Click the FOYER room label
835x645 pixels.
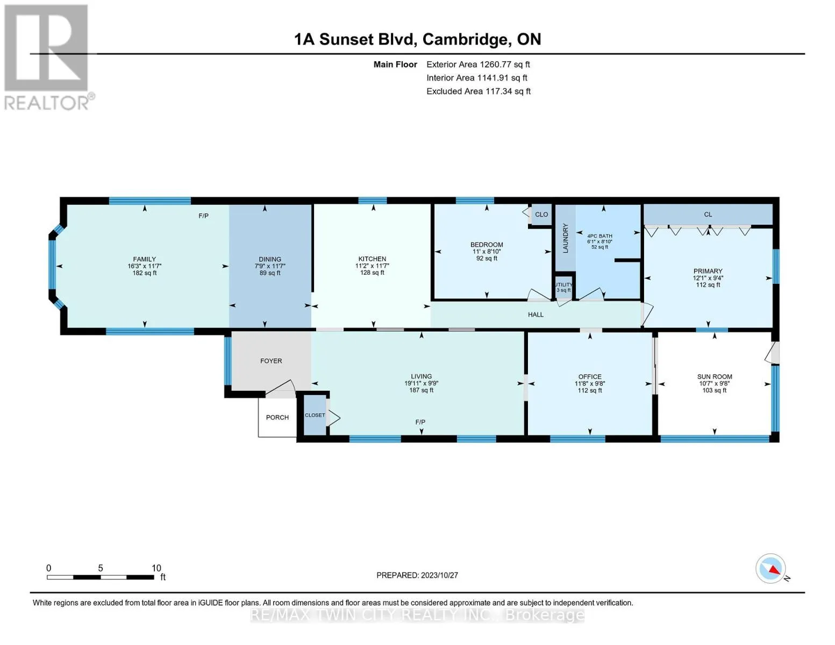pos(271,361)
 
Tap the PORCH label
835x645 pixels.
pos(277,417)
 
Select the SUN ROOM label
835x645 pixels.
pos(715,376)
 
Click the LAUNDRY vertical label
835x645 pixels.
pos(565,238)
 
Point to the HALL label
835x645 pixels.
pos(536,314)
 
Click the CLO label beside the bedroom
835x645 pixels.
pos(541,214)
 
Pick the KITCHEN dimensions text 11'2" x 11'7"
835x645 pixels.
pos(372,266)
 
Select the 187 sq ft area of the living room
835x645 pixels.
pos(421,390)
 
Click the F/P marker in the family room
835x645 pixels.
pos(203,216)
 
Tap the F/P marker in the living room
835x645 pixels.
pos(420,422)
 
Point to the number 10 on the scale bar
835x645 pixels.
pos(156,568)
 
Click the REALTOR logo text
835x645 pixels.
pos(47,103)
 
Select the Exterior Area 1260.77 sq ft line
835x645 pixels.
pos(478,64)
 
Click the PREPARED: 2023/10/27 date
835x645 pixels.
pos(417,575)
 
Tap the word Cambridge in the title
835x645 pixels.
pos(467,39)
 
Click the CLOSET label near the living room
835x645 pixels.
pos(315,415)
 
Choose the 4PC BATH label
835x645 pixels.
pos(600,236)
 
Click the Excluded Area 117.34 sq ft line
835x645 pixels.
pos(479,91)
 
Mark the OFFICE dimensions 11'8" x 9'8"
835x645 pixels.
pos(589,383)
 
